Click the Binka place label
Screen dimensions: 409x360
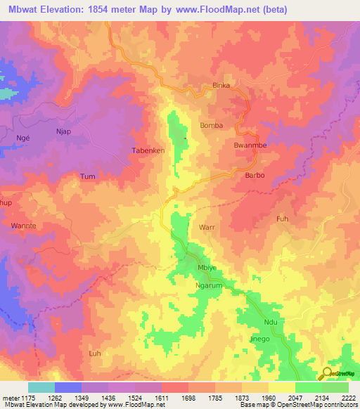221,86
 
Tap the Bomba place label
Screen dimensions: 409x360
212,125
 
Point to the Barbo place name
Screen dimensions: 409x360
254,176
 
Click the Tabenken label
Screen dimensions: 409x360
148,150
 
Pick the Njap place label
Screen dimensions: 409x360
64,131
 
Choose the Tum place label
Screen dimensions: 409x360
87,176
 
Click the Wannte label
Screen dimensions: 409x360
23,226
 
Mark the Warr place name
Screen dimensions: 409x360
207,228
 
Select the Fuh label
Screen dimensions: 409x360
283,219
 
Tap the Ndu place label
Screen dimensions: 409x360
270,323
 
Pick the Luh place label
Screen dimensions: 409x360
96,353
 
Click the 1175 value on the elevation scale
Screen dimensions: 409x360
23,397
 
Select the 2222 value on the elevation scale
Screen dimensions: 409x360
349,397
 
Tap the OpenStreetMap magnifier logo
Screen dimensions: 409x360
326,373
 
